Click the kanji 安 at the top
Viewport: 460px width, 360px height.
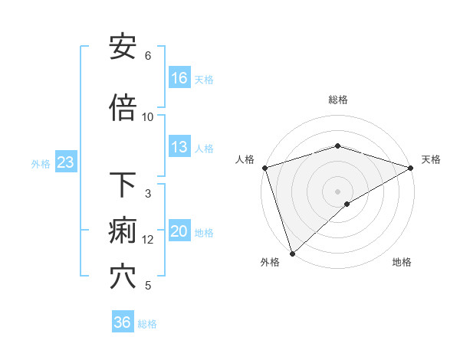click(123, 47)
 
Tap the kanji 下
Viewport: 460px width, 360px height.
click(123, 185)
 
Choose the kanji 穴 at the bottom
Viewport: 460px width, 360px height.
click(123, 277)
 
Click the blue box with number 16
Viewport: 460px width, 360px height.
click(179, 77)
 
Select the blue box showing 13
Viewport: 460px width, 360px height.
click(179, 147)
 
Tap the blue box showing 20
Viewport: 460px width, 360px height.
click(179, 231)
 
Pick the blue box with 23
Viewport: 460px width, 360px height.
click(65, 162)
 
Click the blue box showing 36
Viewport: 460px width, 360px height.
click(123, 322)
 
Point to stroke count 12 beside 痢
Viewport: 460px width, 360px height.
click(148, 240)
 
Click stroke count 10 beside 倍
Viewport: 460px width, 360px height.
click(148, 116)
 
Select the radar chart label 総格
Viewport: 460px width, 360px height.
click(338, 100)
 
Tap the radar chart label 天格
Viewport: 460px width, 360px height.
click(431, 159)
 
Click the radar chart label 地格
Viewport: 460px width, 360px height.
click(402, 262)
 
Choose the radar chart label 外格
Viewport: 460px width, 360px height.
click(270, 262)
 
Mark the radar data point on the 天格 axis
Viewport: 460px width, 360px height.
click(411, 168)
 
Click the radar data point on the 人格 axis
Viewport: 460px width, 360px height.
click(264, 168)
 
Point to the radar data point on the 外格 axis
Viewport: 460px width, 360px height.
click(292, 254)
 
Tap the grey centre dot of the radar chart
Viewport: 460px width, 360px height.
click(338, 191)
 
